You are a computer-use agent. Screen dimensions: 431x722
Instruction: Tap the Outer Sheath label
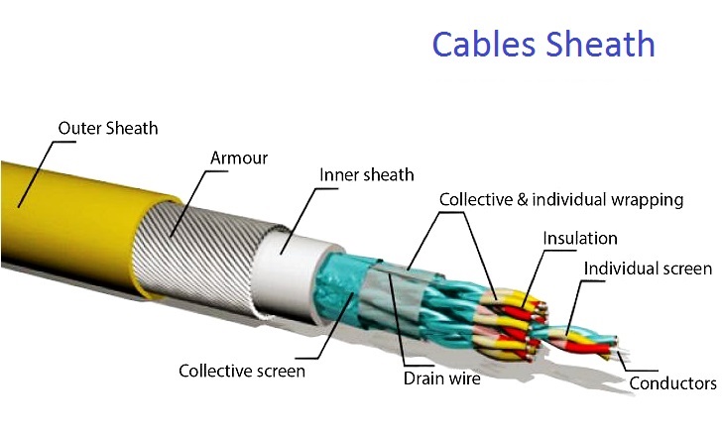coord(108,128)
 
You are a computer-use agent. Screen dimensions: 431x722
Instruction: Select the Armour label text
coord(239,158)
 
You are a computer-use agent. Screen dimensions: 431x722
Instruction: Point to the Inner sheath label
coord(366,175)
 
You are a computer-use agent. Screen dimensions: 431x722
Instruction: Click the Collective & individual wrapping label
coord(561,200)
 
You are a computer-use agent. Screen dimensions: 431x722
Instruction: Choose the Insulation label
coord(580,239)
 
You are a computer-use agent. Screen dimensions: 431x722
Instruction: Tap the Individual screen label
coord(648,269)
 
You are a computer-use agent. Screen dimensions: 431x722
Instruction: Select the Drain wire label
coord(441,378)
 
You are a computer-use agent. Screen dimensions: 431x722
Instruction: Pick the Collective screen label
coord(242,372)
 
